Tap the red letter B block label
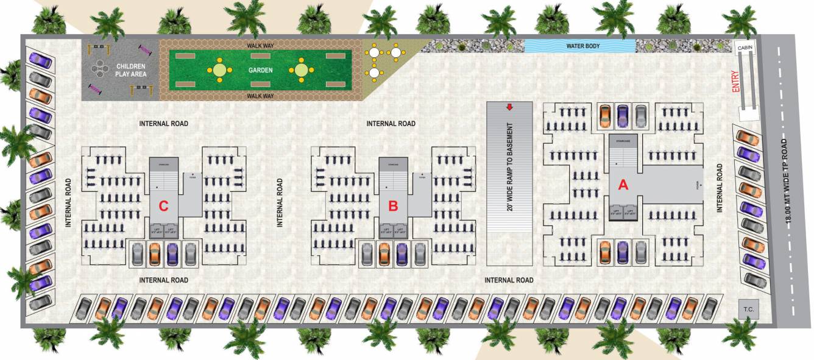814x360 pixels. point(393,206)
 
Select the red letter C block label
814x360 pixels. point(163,206)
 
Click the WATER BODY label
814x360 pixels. point(580,46)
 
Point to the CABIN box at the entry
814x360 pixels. point(744,48)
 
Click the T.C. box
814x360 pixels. point(748,309)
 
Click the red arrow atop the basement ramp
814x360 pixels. point(509,108)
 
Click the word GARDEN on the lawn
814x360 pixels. point(260,70)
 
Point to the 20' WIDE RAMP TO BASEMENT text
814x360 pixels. point(509,168)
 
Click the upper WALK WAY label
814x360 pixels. point(260,46)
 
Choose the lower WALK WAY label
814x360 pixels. point(260,96)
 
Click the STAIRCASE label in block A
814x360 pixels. point(623,141)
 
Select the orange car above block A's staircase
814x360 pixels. point(605,116)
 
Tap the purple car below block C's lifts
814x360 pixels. point(172,253)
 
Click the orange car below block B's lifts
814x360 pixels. point(384,253)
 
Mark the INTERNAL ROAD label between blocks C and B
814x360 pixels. point(280,203)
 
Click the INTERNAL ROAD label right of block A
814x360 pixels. point(720,188)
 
